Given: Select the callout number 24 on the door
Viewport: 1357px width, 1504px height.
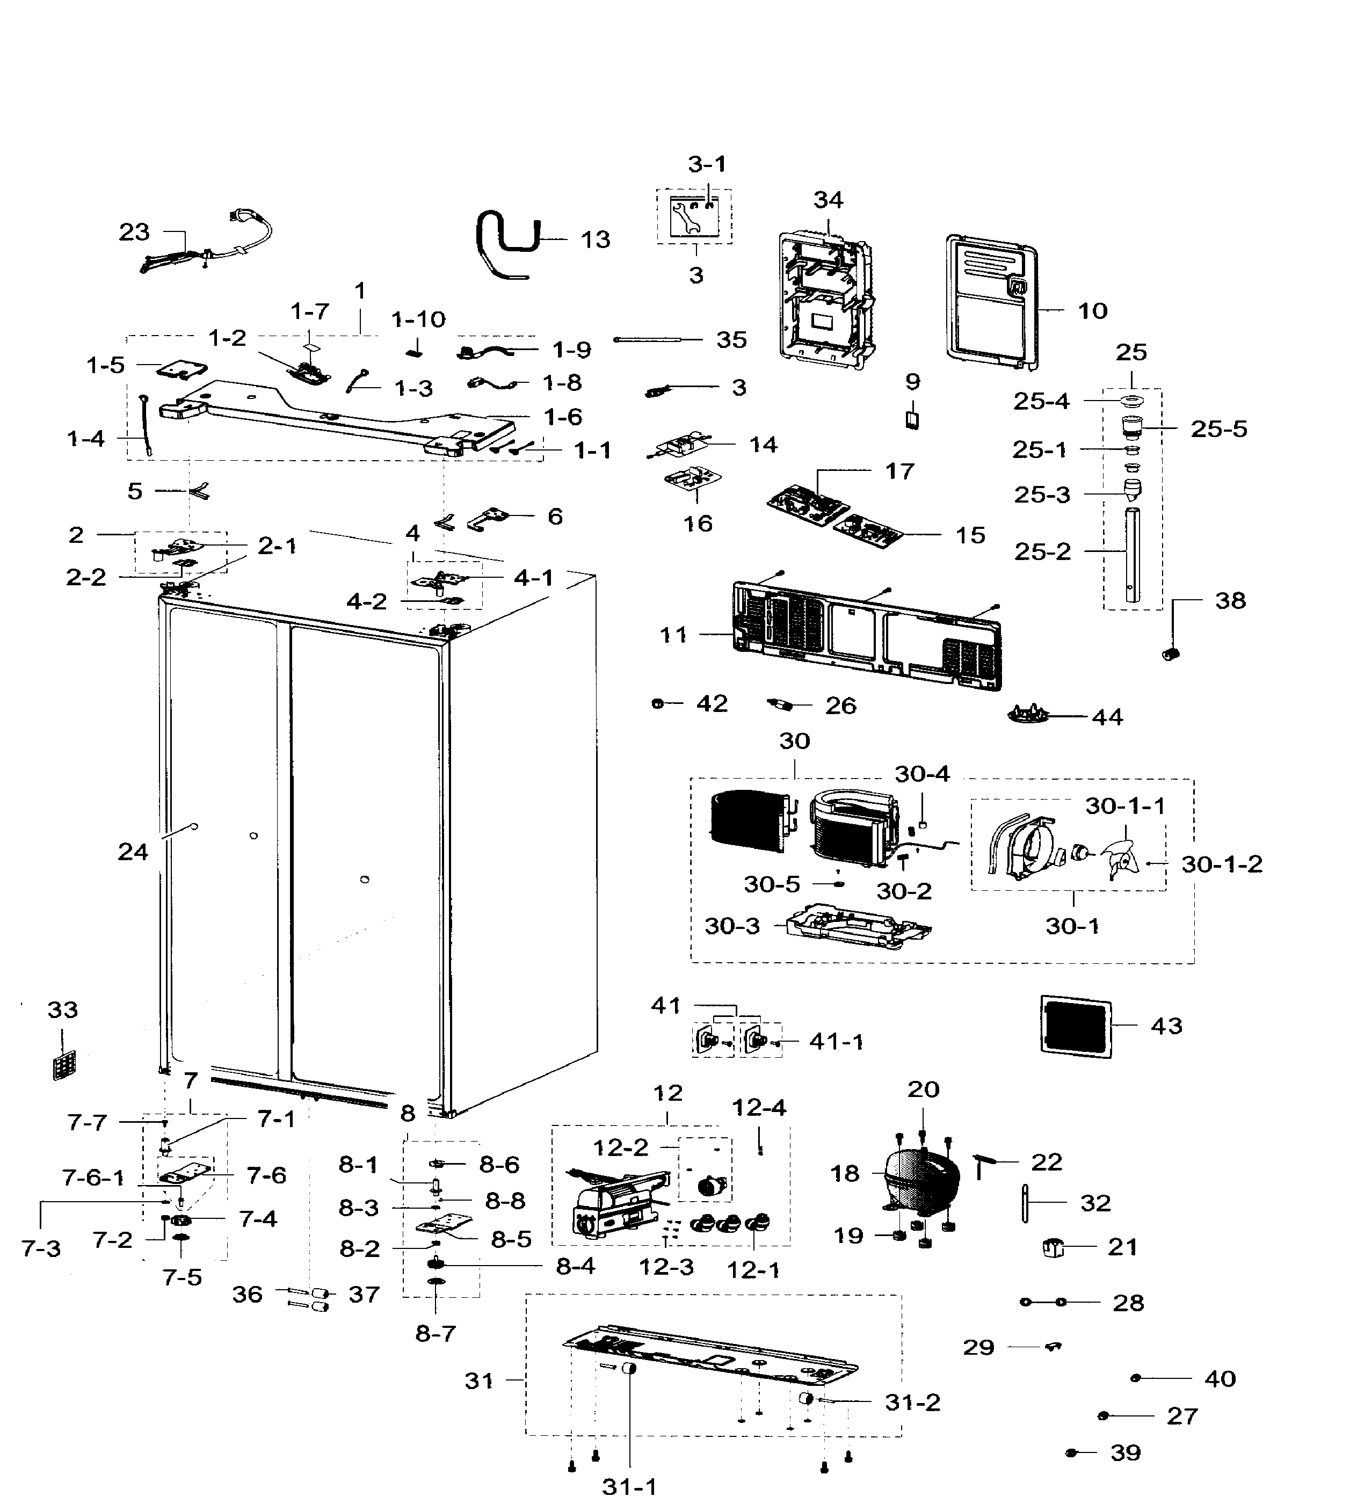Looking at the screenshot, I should (133, 852).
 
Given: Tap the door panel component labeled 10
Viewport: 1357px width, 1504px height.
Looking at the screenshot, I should (992, 302).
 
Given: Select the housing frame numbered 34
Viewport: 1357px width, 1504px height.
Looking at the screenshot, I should (826, 302).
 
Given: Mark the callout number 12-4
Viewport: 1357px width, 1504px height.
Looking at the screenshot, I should (759, 1107).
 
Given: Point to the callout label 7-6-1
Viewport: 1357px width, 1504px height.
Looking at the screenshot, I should (93, 1178).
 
